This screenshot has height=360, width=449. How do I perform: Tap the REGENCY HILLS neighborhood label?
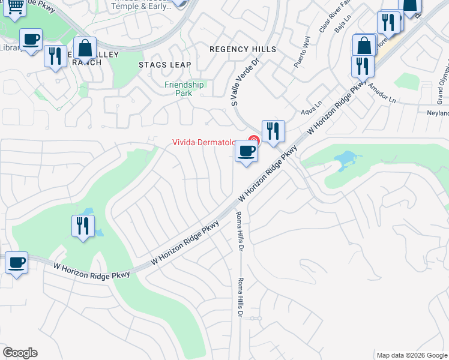tap(243, 49)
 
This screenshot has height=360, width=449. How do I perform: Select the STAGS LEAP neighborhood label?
tap(164, 65)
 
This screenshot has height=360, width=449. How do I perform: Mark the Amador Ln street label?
tap(384, 92)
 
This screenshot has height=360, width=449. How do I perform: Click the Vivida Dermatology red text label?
tap(211, 142)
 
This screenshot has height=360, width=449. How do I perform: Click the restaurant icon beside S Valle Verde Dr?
tap(273, 130)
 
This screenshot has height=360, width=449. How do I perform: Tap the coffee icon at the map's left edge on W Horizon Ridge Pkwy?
tap(16, 262)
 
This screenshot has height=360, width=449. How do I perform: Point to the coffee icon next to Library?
tap(31, 40)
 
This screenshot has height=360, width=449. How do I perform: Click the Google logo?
tap(20, 353)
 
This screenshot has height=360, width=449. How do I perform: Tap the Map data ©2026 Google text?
tap(411, 355)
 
